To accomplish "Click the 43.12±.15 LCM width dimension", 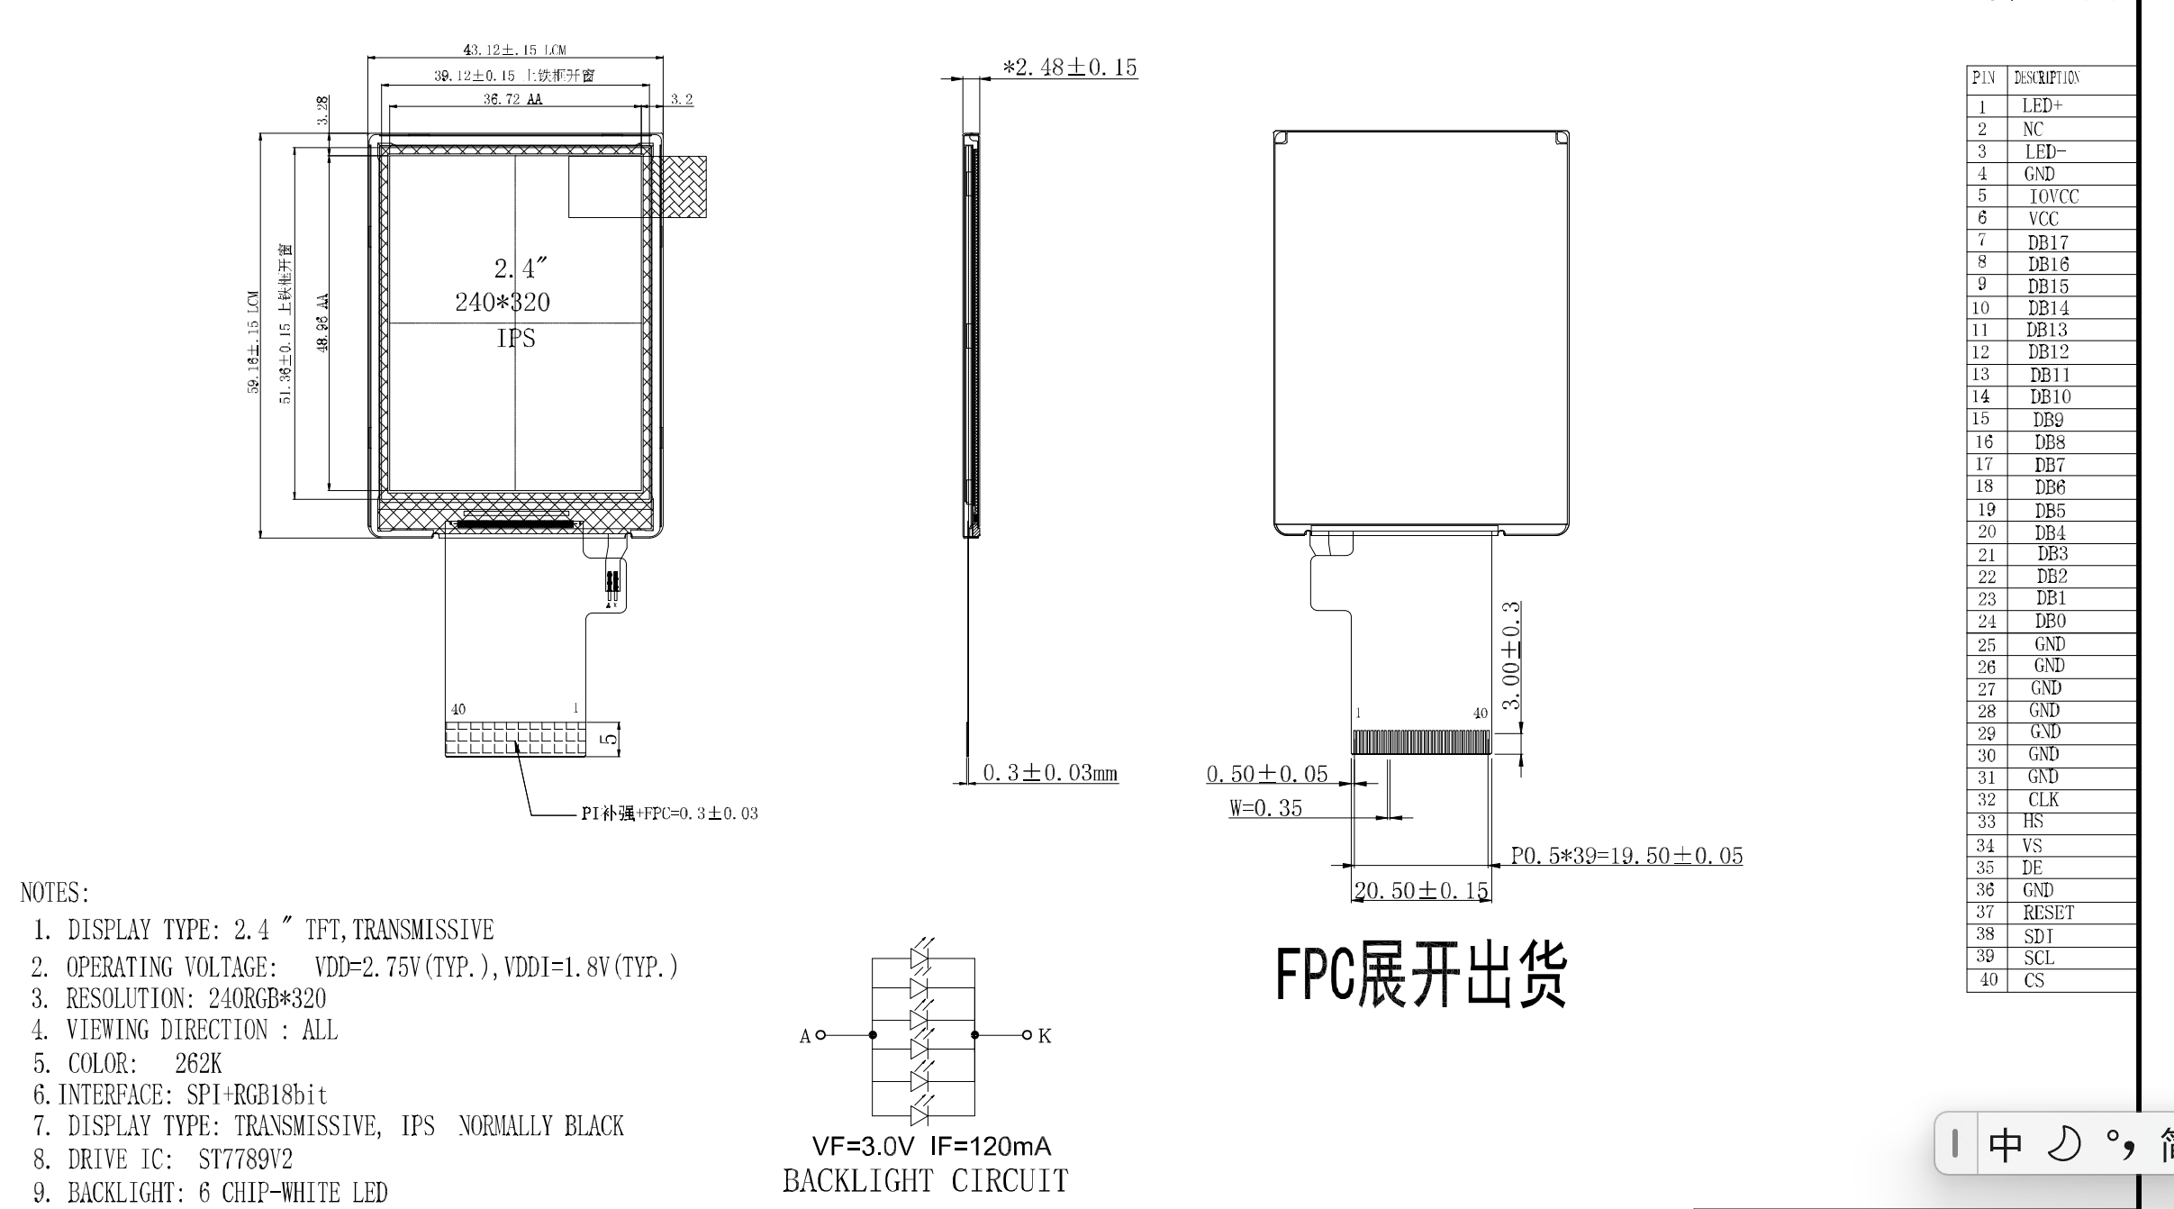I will coord(514,50).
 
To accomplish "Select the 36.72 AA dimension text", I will coord(512,99).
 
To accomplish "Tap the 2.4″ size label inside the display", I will coord(520,268).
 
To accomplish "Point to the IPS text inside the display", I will coord(516,339).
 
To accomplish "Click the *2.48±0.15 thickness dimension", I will coord(1070,68).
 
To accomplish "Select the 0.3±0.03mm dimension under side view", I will coord(1049,773).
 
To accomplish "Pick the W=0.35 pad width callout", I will coord(1265,808).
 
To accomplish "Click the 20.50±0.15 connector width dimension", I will coord(1420,891).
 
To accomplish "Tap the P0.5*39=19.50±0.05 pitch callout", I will coord(1626,856).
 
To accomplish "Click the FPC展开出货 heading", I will coord(1420,975).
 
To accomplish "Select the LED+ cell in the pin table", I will coord(2043,106).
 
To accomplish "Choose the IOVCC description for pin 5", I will coord(2053,196).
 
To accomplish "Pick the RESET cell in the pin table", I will coord(2048,914).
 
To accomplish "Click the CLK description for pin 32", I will coord(2043,800).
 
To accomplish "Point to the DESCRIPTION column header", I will coord(2046,77).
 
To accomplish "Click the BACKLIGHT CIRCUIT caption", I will coord(925,1181).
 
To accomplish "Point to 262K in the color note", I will coord(198,1064).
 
